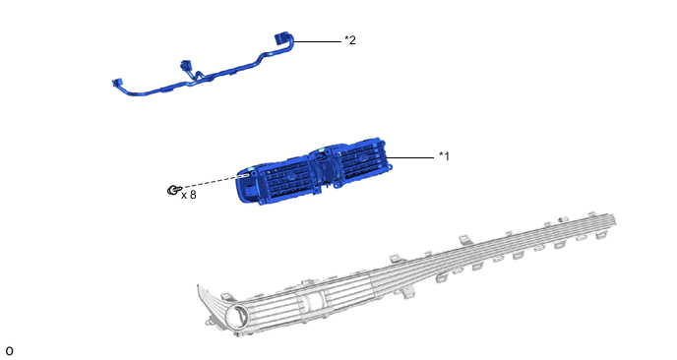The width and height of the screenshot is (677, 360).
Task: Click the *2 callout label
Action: click(350, 40)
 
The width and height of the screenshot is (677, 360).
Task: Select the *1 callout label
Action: click(445, 155)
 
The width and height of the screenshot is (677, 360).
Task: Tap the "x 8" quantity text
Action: click(189, 195)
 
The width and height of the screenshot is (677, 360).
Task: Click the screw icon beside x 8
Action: click(173, 190)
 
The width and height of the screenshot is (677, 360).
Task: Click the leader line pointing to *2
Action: click(317, 42)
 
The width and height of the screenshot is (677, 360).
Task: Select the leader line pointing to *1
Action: click(410, 157)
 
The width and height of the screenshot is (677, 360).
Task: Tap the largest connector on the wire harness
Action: click(281, 38)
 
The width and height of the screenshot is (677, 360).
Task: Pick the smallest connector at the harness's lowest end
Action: click(117, 83)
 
